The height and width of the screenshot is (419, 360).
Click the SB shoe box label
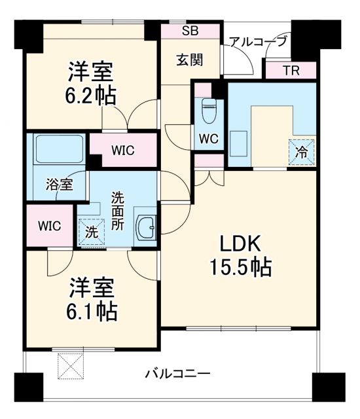[190, 30]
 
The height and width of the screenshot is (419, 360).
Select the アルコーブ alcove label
[257, 42]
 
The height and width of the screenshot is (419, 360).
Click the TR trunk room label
[291, 71]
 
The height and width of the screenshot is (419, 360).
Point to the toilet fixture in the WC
[209, 112]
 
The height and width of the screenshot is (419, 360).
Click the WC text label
[209, 139]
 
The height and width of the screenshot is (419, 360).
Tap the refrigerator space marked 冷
[300, 152]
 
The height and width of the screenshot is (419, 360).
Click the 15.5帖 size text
[240, 267]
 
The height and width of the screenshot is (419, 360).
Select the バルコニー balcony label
[177, 374]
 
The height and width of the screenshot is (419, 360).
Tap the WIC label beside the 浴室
[49, 226]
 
